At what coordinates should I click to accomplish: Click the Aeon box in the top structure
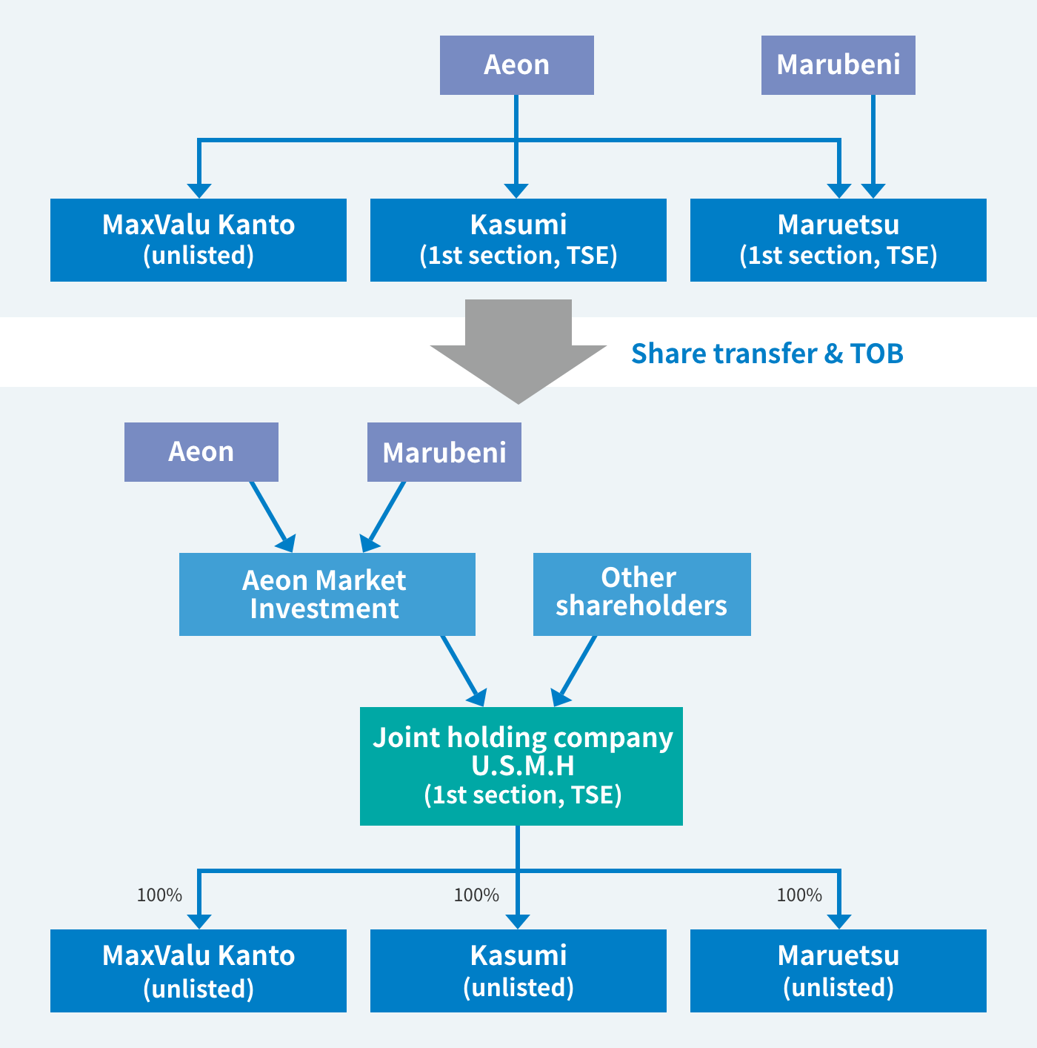click(x=516, y=65)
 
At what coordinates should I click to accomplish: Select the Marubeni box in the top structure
click(x=838, y=65)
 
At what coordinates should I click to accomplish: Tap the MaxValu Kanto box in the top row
click(x=199, y=240)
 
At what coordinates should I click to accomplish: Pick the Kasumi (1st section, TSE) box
click(x=518, y=240)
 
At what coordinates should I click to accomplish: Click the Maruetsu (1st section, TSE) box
click(x=838, y=240)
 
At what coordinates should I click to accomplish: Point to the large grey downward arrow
click(x=518, y=351)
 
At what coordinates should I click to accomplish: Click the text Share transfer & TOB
click(x=767, y=354)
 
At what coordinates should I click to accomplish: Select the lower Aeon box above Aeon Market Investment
click(x=201, y=452)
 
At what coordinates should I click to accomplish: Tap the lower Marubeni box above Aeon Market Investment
click(x=444, y=452)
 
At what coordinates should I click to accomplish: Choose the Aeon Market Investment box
click(x=327, y=594)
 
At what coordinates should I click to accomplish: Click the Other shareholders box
click(x=641, y=594)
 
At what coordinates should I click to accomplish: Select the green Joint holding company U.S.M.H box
click(x=521, y=766)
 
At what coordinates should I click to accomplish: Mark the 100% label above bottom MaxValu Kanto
click(x=159, y=895)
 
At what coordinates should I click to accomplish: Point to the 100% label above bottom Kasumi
click(x=476, y=895)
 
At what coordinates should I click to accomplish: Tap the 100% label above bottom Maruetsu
click(x=799, y=895)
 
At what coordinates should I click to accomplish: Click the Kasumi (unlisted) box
click(x=518, y=971)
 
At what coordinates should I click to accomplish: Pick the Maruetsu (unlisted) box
click(x=838, y=971)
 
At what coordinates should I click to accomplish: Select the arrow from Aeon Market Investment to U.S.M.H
click(x=463, y=671)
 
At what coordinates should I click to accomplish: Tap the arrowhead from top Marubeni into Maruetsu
click(x=873, y=190)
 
